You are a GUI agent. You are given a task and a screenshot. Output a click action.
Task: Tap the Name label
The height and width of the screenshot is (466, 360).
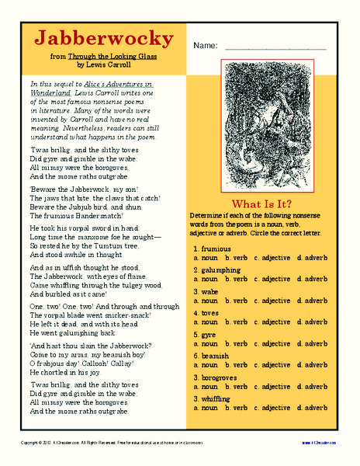click(x=206, y=46)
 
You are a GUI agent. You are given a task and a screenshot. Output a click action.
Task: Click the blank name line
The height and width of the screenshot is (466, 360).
click(x=275, y=48)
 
